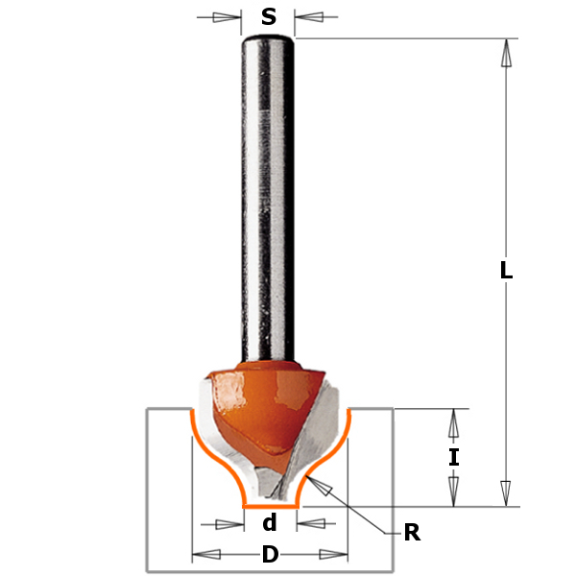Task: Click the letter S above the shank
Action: click(x=269, y=17)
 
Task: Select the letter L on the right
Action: click(x=506, y=272)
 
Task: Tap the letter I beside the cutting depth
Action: click(x=454, y=457)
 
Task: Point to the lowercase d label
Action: click(x=270, y=524)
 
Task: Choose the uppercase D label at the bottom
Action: click(x=270, y=555)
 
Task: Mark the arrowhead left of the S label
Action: click(x=227, y=17)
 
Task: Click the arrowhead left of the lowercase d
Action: click(x=228, y=524)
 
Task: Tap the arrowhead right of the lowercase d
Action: click(x=310, y=524)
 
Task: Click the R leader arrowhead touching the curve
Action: click(x=327, y=490)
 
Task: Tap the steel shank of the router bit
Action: click(x=268, y=192)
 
